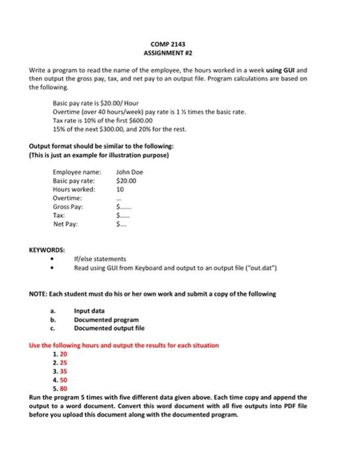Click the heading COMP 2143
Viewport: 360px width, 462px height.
(180, 42)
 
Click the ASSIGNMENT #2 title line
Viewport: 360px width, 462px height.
(180, 51)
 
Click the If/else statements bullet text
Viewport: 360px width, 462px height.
(98, 259)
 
